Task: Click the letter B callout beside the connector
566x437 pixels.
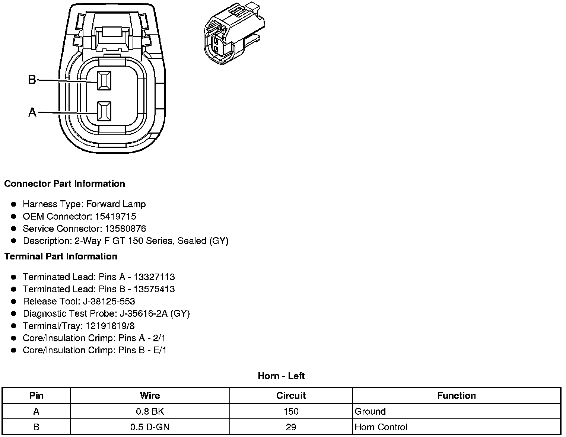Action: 32,80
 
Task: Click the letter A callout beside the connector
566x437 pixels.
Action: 32,112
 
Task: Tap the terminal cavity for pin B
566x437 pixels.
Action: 104,80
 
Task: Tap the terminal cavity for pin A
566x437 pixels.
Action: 104,111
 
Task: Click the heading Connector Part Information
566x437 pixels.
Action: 64,184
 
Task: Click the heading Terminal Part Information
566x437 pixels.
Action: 61,256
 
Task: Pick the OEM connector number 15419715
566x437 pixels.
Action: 115,216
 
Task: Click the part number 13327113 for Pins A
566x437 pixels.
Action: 154,277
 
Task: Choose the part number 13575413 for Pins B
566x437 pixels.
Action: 154,289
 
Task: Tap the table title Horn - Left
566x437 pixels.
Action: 281,376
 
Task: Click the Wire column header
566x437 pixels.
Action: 150,396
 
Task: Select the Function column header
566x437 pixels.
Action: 457,396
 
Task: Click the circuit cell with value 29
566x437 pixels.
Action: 291,427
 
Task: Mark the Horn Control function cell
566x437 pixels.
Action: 381,427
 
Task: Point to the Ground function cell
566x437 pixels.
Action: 370,411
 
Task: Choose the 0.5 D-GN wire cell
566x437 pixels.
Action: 150,427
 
